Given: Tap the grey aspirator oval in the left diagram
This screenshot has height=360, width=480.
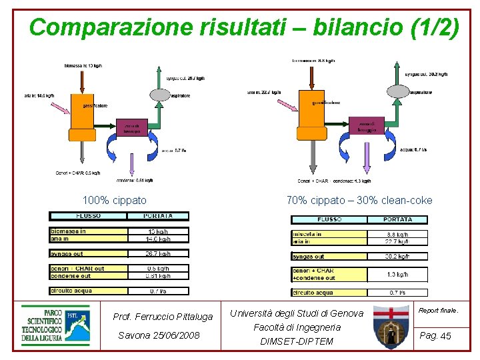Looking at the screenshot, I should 160,95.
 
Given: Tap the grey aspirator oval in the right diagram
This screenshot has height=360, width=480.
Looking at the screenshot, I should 397,91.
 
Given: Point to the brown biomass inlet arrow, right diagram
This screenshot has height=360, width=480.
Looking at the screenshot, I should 311,76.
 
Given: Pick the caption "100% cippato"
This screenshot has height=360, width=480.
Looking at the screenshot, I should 114,200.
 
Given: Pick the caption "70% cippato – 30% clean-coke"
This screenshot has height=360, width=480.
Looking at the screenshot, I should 359,200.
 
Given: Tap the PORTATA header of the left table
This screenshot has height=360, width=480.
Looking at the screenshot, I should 158,216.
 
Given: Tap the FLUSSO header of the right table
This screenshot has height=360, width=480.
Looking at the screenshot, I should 329,219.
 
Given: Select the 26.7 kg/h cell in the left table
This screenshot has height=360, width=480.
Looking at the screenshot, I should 158,253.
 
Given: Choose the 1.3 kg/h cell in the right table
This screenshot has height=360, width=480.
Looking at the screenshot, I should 397,274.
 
